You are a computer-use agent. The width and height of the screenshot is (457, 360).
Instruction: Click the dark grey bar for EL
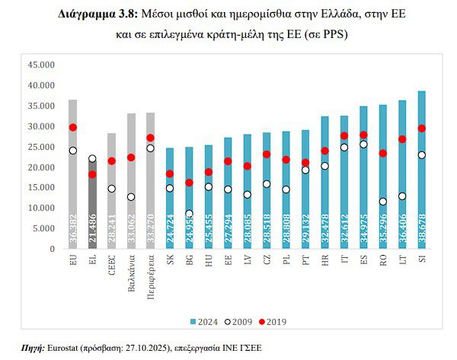point(92,205)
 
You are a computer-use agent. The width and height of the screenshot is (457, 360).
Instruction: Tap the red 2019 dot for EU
point(73,127)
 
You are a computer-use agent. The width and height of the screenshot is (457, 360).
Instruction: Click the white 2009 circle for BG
point(190,214)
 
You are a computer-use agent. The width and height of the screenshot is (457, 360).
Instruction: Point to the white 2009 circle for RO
point(383,202)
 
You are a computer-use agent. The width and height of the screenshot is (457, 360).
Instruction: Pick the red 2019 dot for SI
point(422,129)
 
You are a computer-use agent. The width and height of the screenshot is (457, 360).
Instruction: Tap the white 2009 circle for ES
point(364,144)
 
